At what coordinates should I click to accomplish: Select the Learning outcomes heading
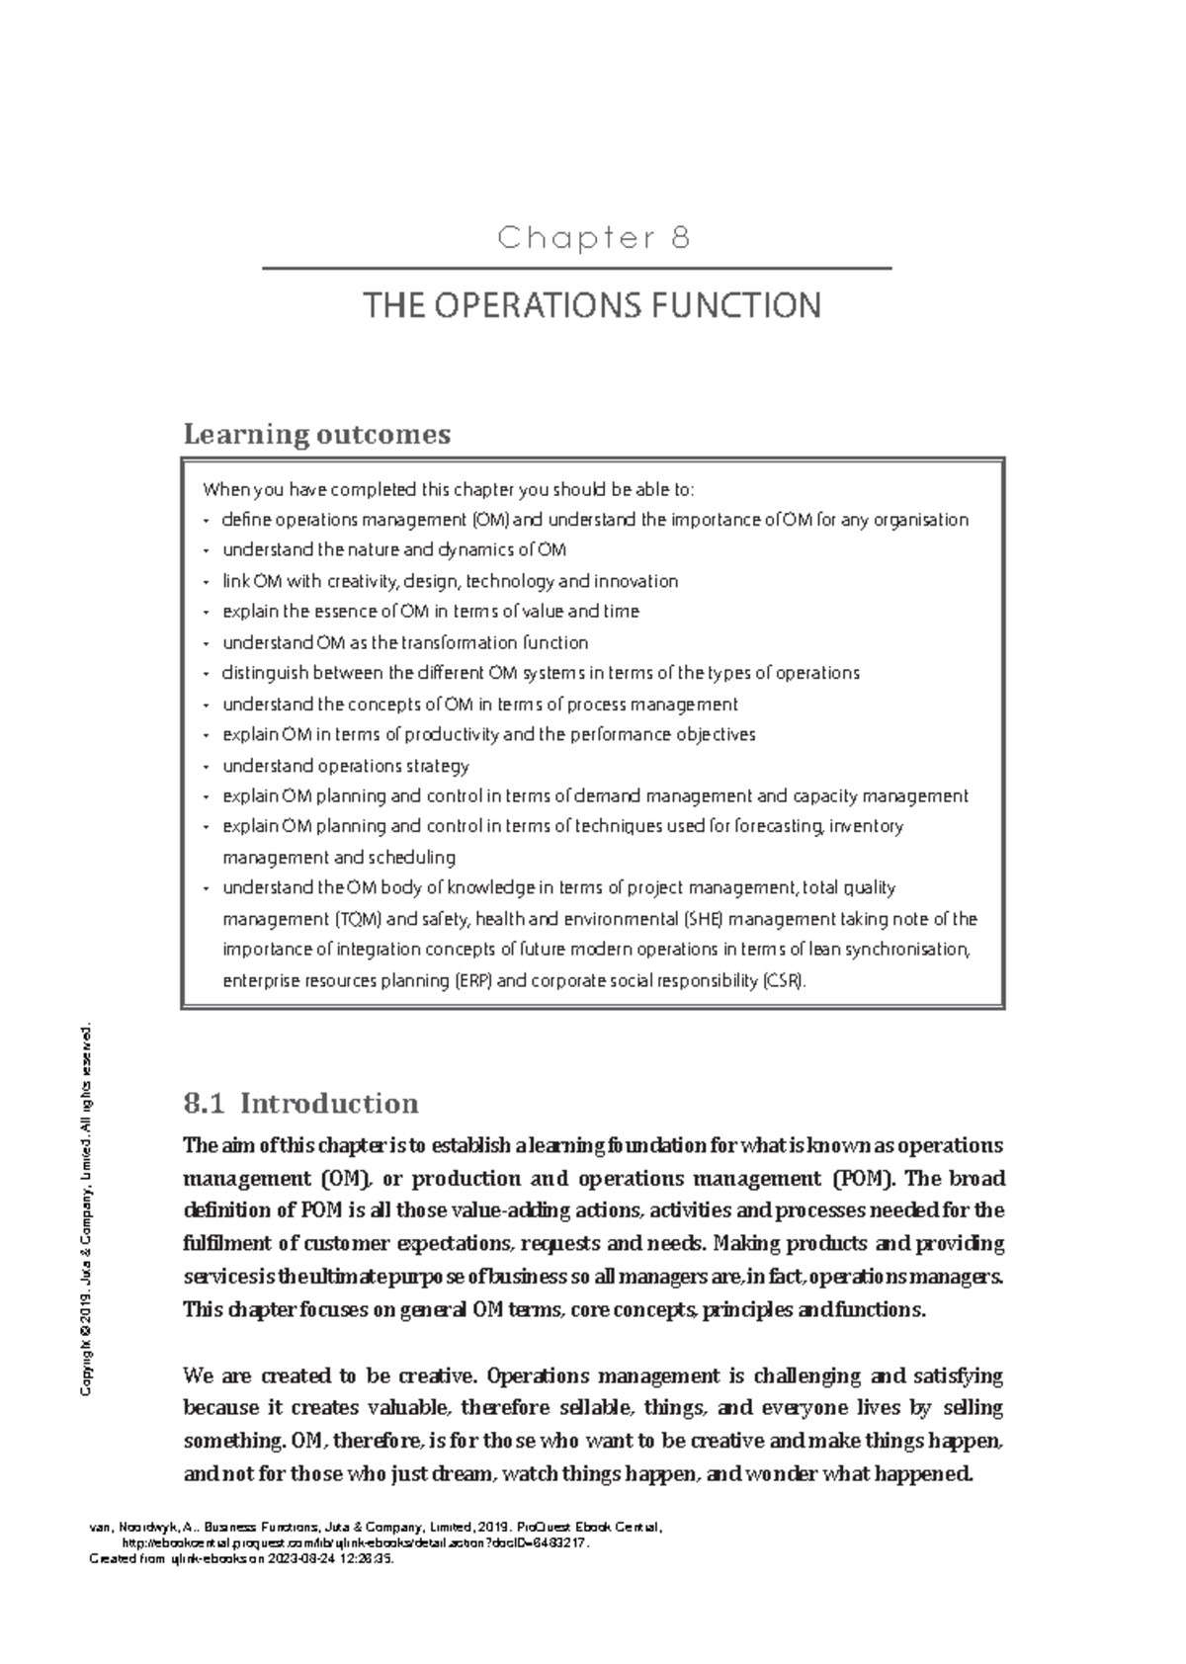pyautogui.click(x=317, y=434)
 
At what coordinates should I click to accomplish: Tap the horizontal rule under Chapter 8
pyautogui.click(x=576, y=268)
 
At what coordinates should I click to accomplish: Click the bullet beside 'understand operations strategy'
pyautogui.click(x=206, y=767)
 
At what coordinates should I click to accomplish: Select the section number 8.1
pyautogui.click(x=205, y=1103)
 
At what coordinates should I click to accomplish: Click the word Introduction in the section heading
pyautogui.click(x=329, y=1103)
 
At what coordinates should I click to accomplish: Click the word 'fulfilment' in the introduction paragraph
pyautogui.click(x=224, y=1243)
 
